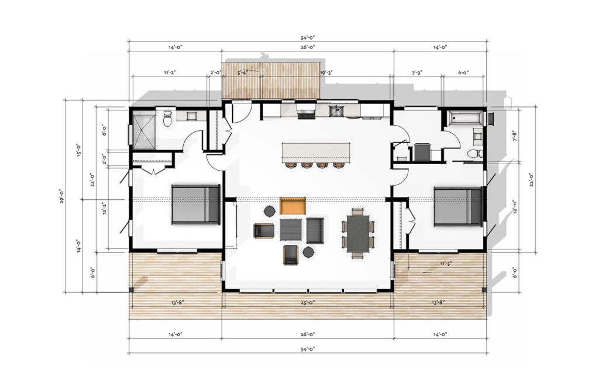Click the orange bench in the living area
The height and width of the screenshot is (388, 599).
pyautogui.click(x=294, y=206)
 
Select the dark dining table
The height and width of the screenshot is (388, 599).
pyautogui.click(x=357, y=234)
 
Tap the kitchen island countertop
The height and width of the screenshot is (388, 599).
pyautogui.click(x=316, y=152)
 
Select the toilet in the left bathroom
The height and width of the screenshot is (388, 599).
pyautogui.click(x=167, y=119)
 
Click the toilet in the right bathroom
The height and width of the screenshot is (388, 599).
pyautogui.click(x=475, y=154)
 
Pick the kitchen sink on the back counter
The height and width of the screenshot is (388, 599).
pyautogui.click(x=337, y=110)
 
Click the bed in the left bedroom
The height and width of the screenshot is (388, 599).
pyautogui.click(x=195, y=204)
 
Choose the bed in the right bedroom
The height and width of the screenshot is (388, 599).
pyautogui.click(x=458, y=206)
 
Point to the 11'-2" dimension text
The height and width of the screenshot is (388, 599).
pyautogui.click(x=170, y=73)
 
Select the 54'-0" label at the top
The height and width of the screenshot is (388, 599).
pyautogui.click(x=308, y=37)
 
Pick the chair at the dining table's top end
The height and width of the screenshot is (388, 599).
pyautogui.click(x=357, y=212)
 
